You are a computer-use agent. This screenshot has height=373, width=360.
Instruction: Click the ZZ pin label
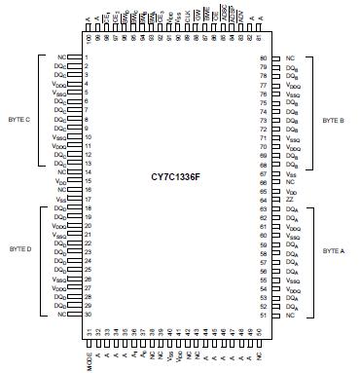[x=289, y=200]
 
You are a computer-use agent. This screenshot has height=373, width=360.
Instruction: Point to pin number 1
[x=87, y=58]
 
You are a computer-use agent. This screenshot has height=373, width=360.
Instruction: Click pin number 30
[x=88, y=316]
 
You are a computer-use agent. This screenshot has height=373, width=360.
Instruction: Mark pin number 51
[x=263, y=316]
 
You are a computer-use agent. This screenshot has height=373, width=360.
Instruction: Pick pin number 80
[x=263, y=58]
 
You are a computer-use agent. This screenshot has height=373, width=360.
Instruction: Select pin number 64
[x=263, y=200]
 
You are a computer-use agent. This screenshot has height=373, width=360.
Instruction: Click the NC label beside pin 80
[x=290, y=58]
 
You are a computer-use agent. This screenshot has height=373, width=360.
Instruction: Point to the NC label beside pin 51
[x=290, y=316]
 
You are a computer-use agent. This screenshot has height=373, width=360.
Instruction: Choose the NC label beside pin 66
[x=290, y=182]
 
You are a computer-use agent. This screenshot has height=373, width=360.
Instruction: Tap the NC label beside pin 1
[x=63, y=58]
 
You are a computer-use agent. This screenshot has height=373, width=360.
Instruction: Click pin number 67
[x=263, y=173]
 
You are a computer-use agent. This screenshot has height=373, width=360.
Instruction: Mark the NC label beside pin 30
[x=63, y=316]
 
